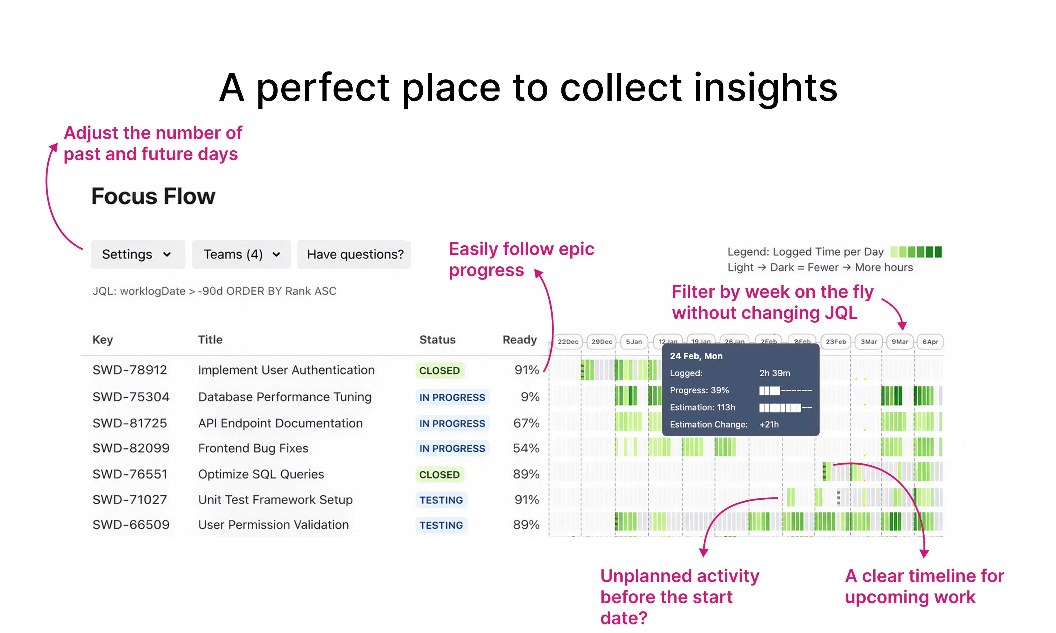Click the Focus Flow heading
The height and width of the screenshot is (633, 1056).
[153, 196]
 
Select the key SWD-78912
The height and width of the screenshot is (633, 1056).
[129, 370]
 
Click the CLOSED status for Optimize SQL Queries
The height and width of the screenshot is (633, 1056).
[439, 474]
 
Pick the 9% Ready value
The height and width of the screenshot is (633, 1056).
[530, 397]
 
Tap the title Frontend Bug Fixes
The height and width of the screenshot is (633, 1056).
[253, 448]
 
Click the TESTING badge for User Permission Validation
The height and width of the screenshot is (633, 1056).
[441, 525]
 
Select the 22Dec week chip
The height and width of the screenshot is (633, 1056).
[568, 342]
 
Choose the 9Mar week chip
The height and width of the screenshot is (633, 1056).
[899, 342]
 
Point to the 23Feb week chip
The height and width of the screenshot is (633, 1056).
[835, 342]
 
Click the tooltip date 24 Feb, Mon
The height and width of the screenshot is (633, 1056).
[696, 356]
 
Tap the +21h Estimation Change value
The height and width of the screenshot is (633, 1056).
[769, 424]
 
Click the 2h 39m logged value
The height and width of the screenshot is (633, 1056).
[774, 373]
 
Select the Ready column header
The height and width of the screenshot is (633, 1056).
[519, 340]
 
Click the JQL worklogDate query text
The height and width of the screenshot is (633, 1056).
[214, 291]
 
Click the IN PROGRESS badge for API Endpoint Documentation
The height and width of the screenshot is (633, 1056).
[452, 423]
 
